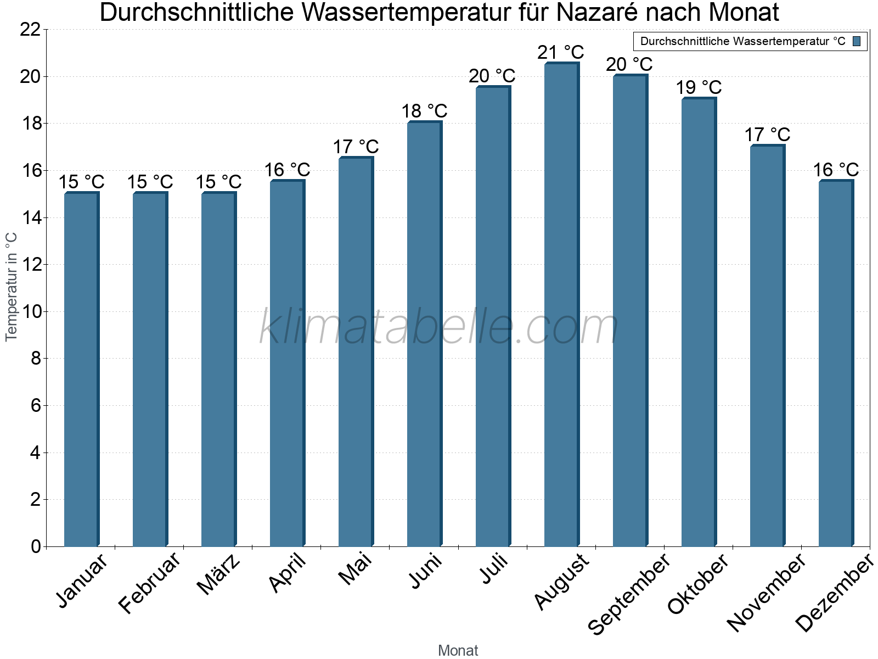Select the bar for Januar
coord(81,369)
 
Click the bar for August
coord(561,305)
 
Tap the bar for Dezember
coord(836,364)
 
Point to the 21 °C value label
coord(561,53)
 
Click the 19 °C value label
coord(699,88)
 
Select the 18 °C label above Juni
coord(424,111)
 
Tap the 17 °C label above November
coord(767,135)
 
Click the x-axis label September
coord(629,593)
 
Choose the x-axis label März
coord(219,574)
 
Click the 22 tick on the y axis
coord(30,30)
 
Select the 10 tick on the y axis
coord(30,312)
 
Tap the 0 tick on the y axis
coord(36,547)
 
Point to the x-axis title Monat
coord(458,651)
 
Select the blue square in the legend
coord(857,41)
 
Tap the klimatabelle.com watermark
coord(439,327)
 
